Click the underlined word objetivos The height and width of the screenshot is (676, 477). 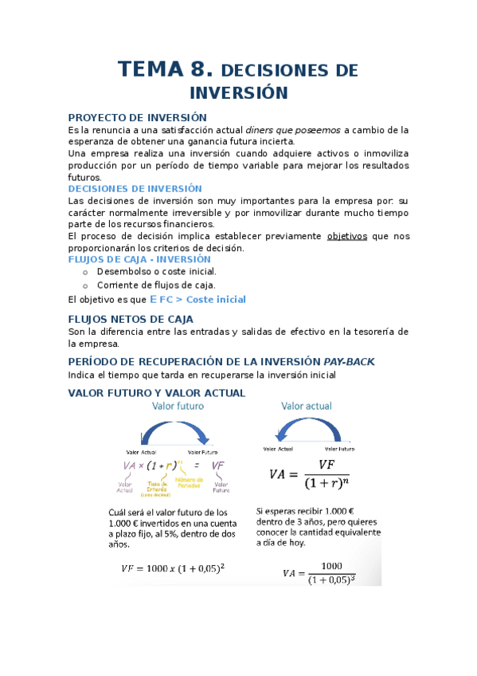click(348, 236)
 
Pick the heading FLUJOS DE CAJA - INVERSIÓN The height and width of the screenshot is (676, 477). click(139, 259)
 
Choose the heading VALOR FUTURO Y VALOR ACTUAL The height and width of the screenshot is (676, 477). click(157, 393)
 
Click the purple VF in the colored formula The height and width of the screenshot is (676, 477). click(220, 466)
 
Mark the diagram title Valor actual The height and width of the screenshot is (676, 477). click(307, 406)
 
